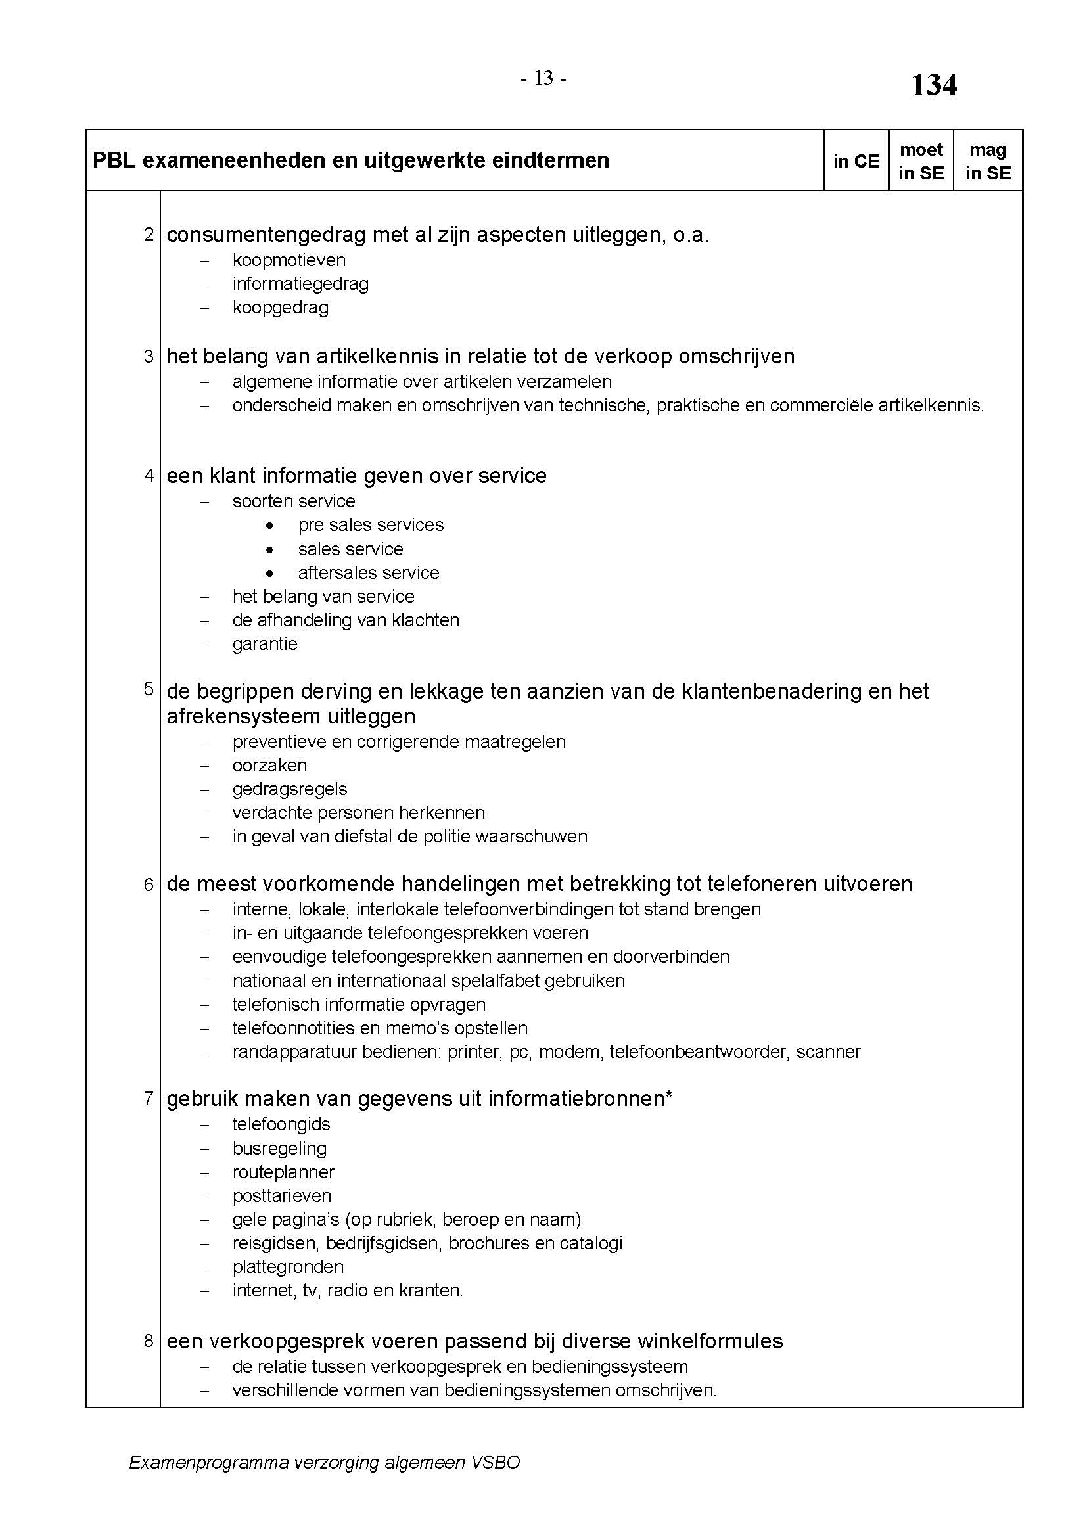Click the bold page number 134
(x=934, y=85)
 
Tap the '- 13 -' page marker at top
(x=543, y=79)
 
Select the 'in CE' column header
(x=856, y=162)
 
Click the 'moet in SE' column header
(x=921, y=162)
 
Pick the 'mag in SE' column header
(x=988, y=162)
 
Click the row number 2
(x=149, y=235)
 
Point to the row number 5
(x=149, y=689)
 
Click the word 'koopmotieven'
(x=289, y=260)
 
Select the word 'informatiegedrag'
(x=300, y=284)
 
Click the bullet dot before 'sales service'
(x=269, y=549)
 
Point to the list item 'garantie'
(x=265, y=644)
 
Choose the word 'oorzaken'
(x=269, y=765)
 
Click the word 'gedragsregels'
(x=290, y=789)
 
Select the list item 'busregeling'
(x=280, y=1149)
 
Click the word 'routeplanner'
(x=283, y=1172)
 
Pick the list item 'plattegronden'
(x=289, y=1266)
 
